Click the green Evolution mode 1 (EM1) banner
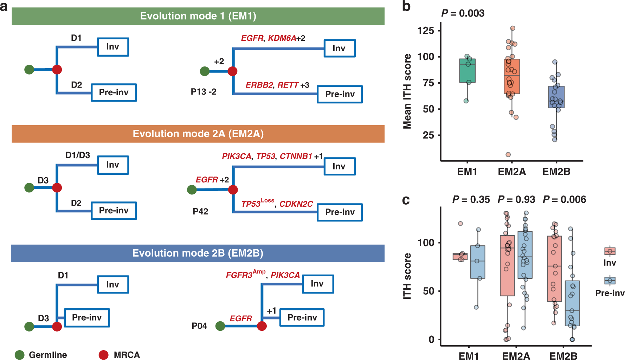(198, 16)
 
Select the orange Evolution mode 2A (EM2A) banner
(198, 134)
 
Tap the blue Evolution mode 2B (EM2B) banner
(198, 253)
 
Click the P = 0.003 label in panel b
(463, 13)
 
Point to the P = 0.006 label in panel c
(564, 200)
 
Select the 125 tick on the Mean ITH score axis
(425, 31)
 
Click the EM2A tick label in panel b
(512, 172)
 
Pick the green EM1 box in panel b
(467, 71)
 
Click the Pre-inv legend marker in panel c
(610, 281)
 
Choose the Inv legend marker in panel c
(610, 251)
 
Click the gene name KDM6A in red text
(282, 38)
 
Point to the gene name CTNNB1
(296, 156)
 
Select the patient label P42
(200, 212)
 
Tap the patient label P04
(199, 326)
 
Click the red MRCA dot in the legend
(103, 355)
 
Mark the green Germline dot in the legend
(20, 355)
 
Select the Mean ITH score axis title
(407, 91)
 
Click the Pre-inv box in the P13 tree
(340, 94)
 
